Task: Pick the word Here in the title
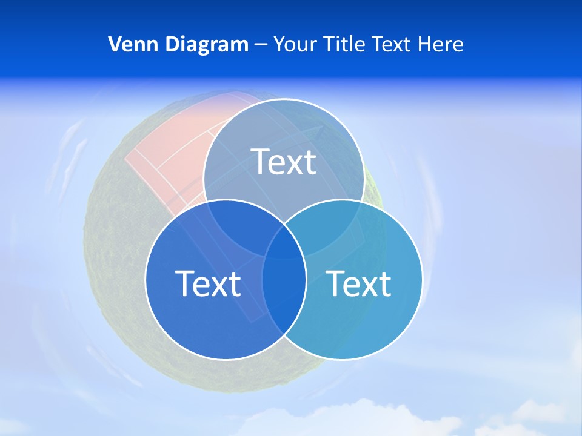[x=443, y=44]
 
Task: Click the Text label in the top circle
[x=284, y=162]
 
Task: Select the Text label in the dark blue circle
[x=208, y=283]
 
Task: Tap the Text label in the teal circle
[x=359, y=283]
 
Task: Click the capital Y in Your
[x=279, y=44]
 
